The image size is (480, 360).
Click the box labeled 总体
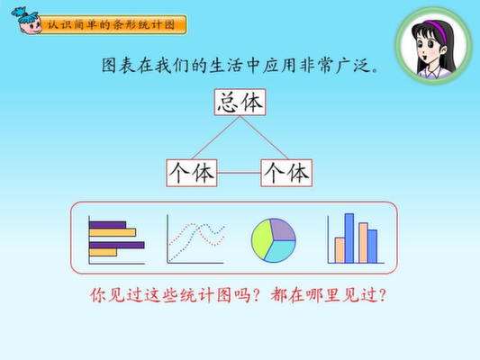point(240,103)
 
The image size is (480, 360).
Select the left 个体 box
point(192,173)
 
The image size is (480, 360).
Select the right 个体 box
point(286,173)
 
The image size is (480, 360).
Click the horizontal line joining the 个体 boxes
point(239,173)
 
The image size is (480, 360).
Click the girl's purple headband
point(437,27)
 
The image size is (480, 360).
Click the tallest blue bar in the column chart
point(349,238)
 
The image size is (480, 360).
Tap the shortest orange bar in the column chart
point(340,250)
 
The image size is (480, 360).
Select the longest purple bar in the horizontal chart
point(117,245)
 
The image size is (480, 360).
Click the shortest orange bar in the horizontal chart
point(103,252)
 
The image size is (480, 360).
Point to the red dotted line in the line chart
point(196,235)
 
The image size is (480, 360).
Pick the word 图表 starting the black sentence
point(119,66)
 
